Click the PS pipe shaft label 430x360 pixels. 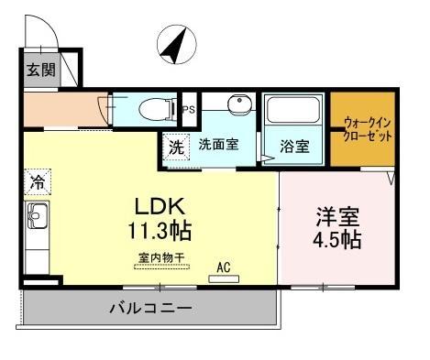pos(189,110)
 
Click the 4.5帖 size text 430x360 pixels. pos(337,242)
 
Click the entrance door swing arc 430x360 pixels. pos(44,35)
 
